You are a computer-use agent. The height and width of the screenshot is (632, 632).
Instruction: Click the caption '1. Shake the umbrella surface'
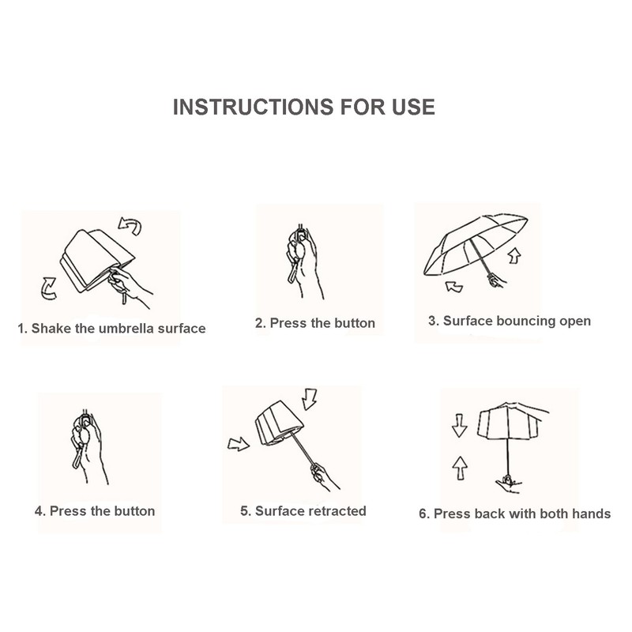click(111, 329)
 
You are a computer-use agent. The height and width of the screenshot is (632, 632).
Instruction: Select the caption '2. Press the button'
click(315, 323)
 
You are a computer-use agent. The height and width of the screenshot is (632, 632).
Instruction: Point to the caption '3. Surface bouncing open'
click(510, 321)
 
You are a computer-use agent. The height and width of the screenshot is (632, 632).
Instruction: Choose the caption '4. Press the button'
click(95, 510)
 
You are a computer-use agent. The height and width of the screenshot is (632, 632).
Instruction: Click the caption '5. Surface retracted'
click(303, 510)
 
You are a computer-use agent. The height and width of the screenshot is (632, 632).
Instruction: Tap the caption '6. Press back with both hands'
click(515, 513)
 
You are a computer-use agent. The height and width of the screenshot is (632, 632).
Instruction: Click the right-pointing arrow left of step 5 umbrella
click(238, 444)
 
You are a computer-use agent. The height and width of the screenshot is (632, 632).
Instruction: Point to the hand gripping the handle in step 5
click(319, 476)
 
